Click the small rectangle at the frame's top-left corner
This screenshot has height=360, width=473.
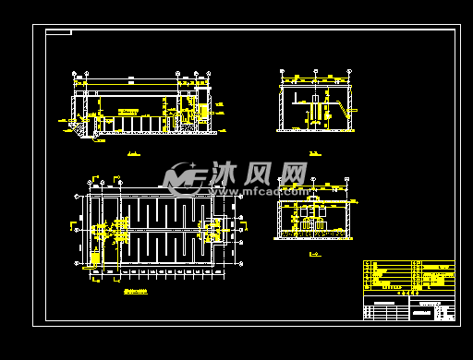click(x=58, y=32)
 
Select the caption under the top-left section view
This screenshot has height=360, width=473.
click(x=134, y=152)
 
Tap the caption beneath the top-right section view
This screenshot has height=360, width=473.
click(x=315, y=152)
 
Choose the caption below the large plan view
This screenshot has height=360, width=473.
click(x=139, y=289)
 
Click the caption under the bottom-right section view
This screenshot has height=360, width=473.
click(x=314, y=252)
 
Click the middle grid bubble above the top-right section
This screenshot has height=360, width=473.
click(x=315, y=71)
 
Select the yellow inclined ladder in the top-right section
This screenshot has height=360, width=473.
click(x=345, y=112)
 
